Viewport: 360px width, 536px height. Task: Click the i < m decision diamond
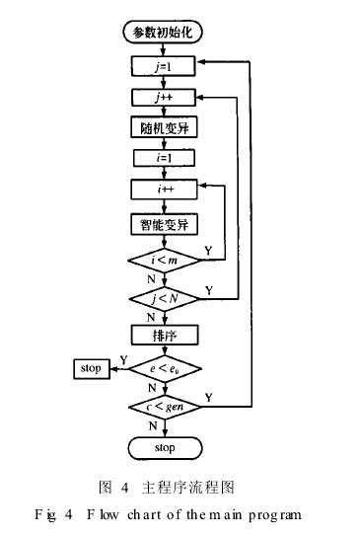click(165, 259)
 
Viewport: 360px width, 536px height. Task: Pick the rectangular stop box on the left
click(92, 369)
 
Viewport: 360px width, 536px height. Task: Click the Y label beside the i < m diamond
click(206, 250)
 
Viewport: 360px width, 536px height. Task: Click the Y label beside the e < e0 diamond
click(123, 359)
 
